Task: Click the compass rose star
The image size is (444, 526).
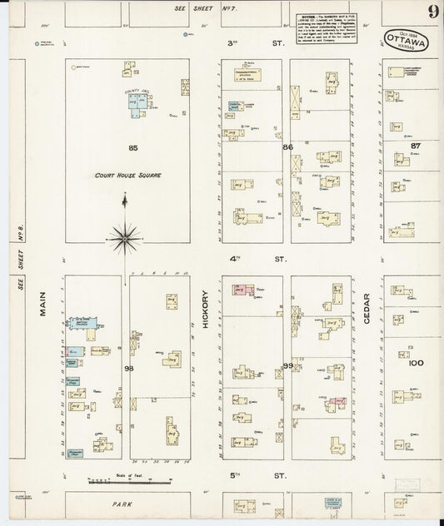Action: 124,239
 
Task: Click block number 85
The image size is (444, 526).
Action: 132,147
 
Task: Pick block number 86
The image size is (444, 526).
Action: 288,146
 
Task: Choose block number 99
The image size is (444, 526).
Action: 288,365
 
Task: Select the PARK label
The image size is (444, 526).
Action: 124,504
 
